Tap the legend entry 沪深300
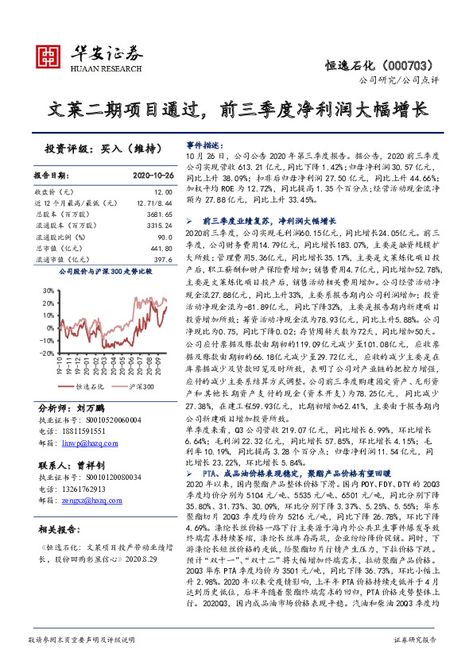pyautogui.click(x=140, y=386)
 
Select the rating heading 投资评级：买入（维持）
pyautogui.click(x=104, y=149)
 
